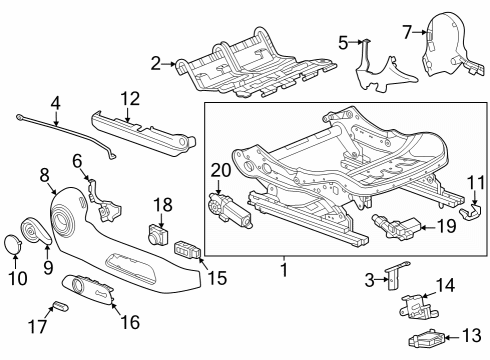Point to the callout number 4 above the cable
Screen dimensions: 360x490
click(56, 102)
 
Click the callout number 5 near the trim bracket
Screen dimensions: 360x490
click(343, 42)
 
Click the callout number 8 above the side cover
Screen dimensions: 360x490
click(44, 174)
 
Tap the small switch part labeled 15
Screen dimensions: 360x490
click(186, 249)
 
